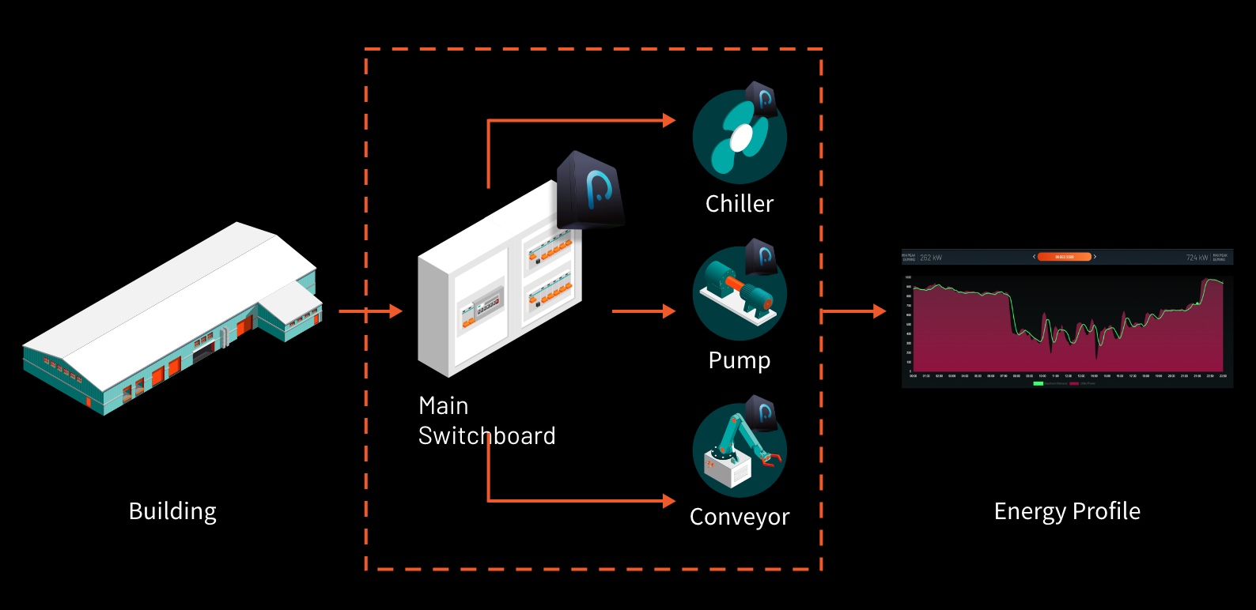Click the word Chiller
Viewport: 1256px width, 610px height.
coord(740,204)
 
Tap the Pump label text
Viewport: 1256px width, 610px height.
coord(740,360)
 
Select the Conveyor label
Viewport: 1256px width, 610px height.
coord(740,517)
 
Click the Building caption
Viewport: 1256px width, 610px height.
coord(172,511)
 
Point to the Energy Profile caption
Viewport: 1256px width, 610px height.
coord(1067,511)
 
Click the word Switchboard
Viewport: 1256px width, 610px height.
coord(487,436)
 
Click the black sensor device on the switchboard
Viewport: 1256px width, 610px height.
coord(589,190)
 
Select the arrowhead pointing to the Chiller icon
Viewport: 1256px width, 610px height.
coord(670,121)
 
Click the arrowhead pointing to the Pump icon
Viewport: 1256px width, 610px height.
coord(670,311)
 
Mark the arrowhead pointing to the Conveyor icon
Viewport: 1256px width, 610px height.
coord(670,500)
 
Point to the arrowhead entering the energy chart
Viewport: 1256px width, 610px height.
coord(880,311)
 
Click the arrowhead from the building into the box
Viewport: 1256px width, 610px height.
coord(396,311)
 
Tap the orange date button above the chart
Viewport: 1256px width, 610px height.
coord(1064,257)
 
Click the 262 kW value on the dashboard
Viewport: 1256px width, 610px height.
coord(931,258)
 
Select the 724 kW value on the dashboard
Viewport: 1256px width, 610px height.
coord(1197,258)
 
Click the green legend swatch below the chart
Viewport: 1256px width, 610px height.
coord(1038,383)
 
